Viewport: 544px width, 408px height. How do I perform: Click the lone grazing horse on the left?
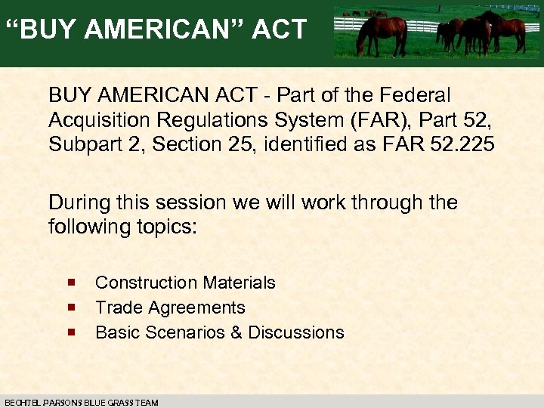tap(382, 31)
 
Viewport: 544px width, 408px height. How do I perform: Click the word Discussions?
tap(295, 332)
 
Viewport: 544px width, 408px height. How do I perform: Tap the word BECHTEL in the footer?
tap(20, 403)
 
